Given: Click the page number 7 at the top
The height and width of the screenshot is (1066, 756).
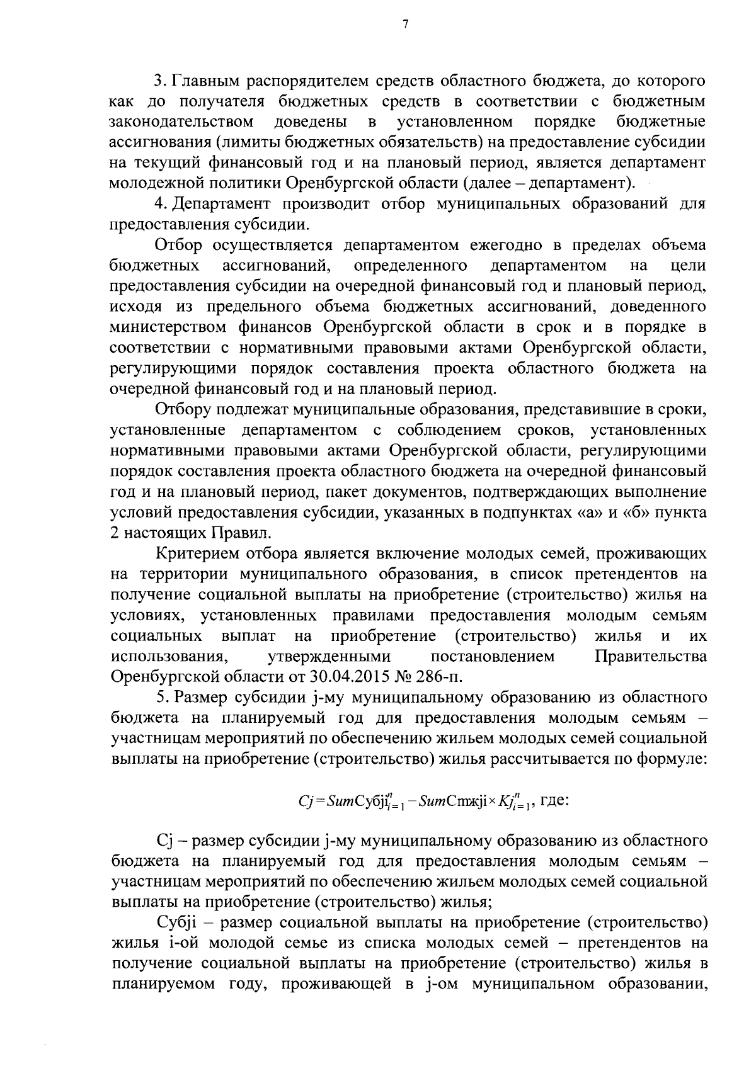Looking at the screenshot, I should pyautogui.click(x=405, y=25).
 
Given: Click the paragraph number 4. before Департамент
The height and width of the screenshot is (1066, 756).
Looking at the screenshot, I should pyautogui.click(x=161, y=203).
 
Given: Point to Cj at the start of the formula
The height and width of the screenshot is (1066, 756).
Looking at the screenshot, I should pyautogui.click(x=304, y=802).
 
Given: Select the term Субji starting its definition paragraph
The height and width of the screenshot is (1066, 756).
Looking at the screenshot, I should pyautogui.click(x=176, y=923).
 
